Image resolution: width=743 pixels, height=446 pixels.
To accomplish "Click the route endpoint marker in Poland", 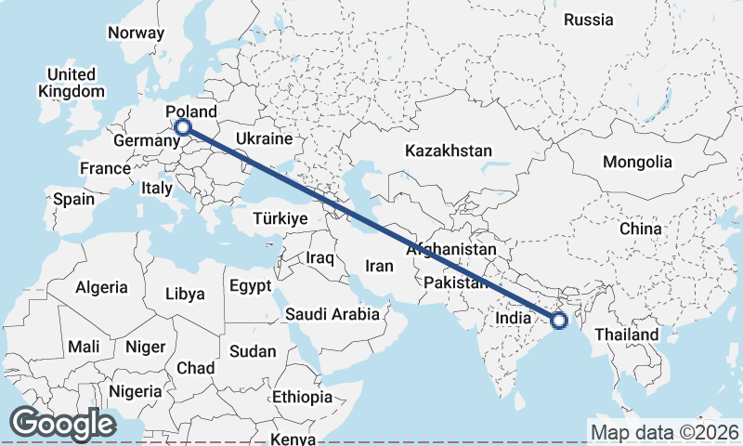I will click(183, 126).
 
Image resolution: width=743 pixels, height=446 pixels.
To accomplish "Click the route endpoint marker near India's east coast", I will click(559, 321).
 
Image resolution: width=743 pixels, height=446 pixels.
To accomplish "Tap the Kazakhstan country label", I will click(448, 151).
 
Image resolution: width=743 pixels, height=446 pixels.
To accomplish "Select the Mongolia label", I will click(637, 162).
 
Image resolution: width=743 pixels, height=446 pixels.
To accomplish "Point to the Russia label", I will click(589, 20).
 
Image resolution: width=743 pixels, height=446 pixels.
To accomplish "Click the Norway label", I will click(136, 33).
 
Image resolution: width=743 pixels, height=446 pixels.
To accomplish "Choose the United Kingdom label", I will click(72, 83).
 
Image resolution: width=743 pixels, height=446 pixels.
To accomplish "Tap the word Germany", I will click(146, 141).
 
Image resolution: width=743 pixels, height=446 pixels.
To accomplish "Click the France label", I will click(104, 168).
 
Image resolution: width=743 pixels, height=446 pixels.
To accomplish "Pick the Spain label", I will click(73, 199).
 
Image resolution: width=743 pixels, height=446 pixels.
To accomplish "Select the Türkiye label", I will click(280, 219).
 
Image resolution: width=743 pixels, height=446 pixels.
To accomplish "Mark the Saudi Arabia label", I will click(332, 314).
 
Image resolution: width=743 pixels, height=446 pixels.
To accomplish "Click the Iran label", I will click(379, 266).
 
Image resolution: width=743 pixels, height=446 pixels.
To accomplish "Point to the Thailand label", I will click(627, 334).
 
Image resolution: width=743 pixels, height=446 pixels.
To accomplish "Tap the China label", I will click(641, 229).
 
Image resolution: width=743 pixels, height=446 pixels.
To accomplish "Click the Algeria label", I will click(101, 287).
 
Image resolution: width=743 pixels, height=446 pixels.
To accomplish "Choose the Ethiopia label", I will click(302, 397).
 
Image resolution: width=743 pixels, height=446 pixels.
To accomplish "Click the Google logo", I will click(62, 424).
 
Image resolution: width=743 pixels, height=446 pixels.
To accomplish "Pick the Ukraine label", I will click(265, 138).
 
